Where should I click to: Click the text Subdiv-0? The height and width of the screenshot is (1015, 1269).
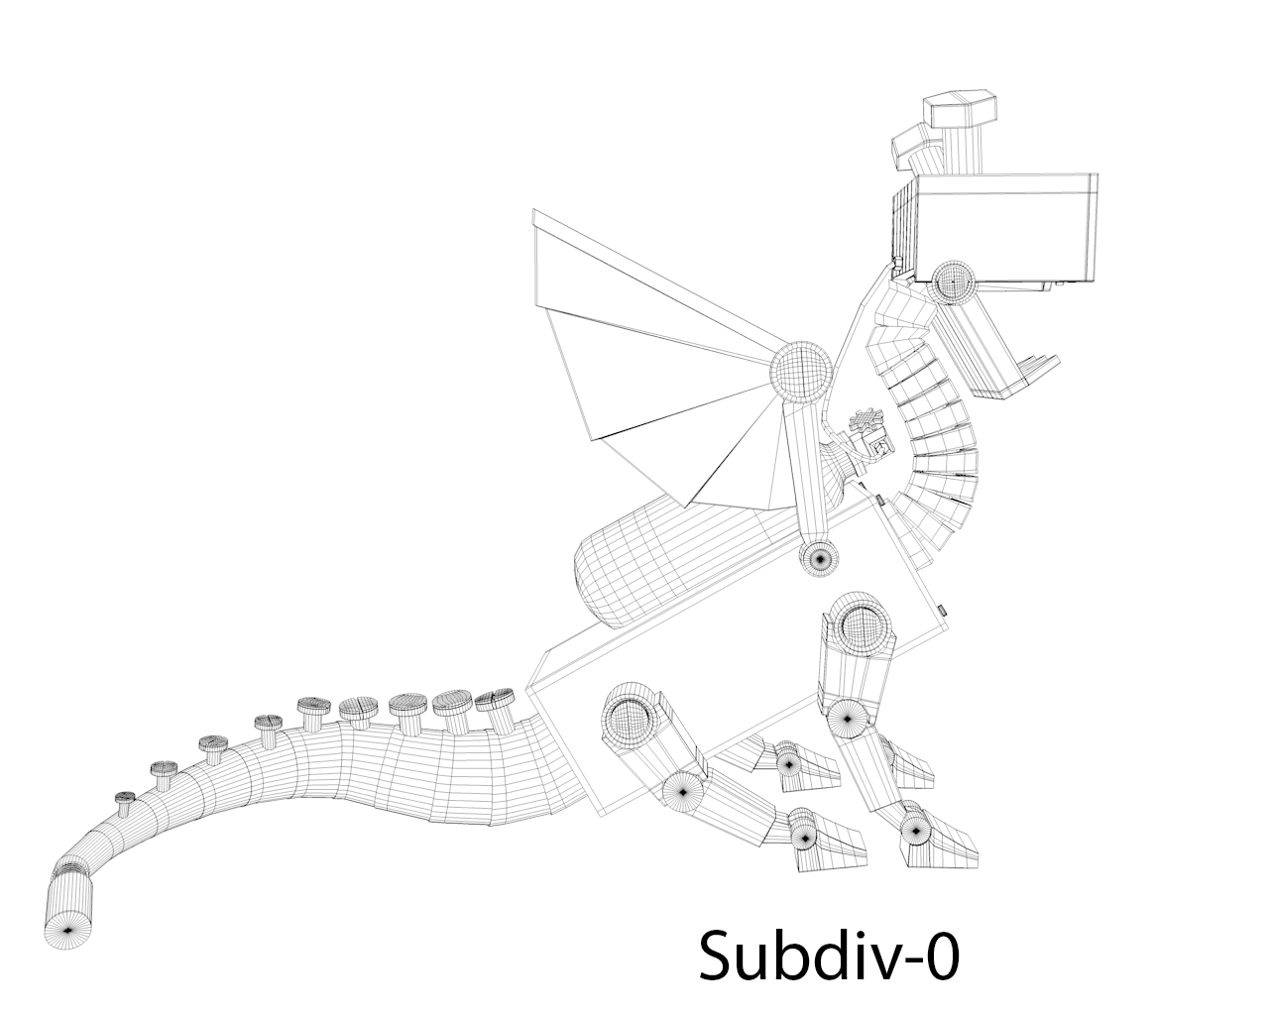(829, 956)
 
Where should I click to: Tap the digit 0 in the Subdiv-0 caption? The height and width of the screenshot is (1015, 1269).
(941, 956)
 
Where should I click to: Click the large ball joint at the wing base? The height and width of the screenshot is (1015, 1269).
(801, 370)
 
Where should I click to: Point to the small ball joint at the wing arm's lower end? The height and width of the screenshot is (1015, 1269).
(818, 558)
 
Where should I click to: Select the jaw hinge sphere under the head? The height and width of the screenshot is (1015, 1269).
(954, 280)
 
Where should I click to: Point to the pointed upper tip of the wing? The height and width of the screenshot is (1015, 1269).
(534, 213)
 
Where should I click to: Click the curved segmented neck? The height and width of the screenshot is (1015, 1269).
(917, 416)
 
